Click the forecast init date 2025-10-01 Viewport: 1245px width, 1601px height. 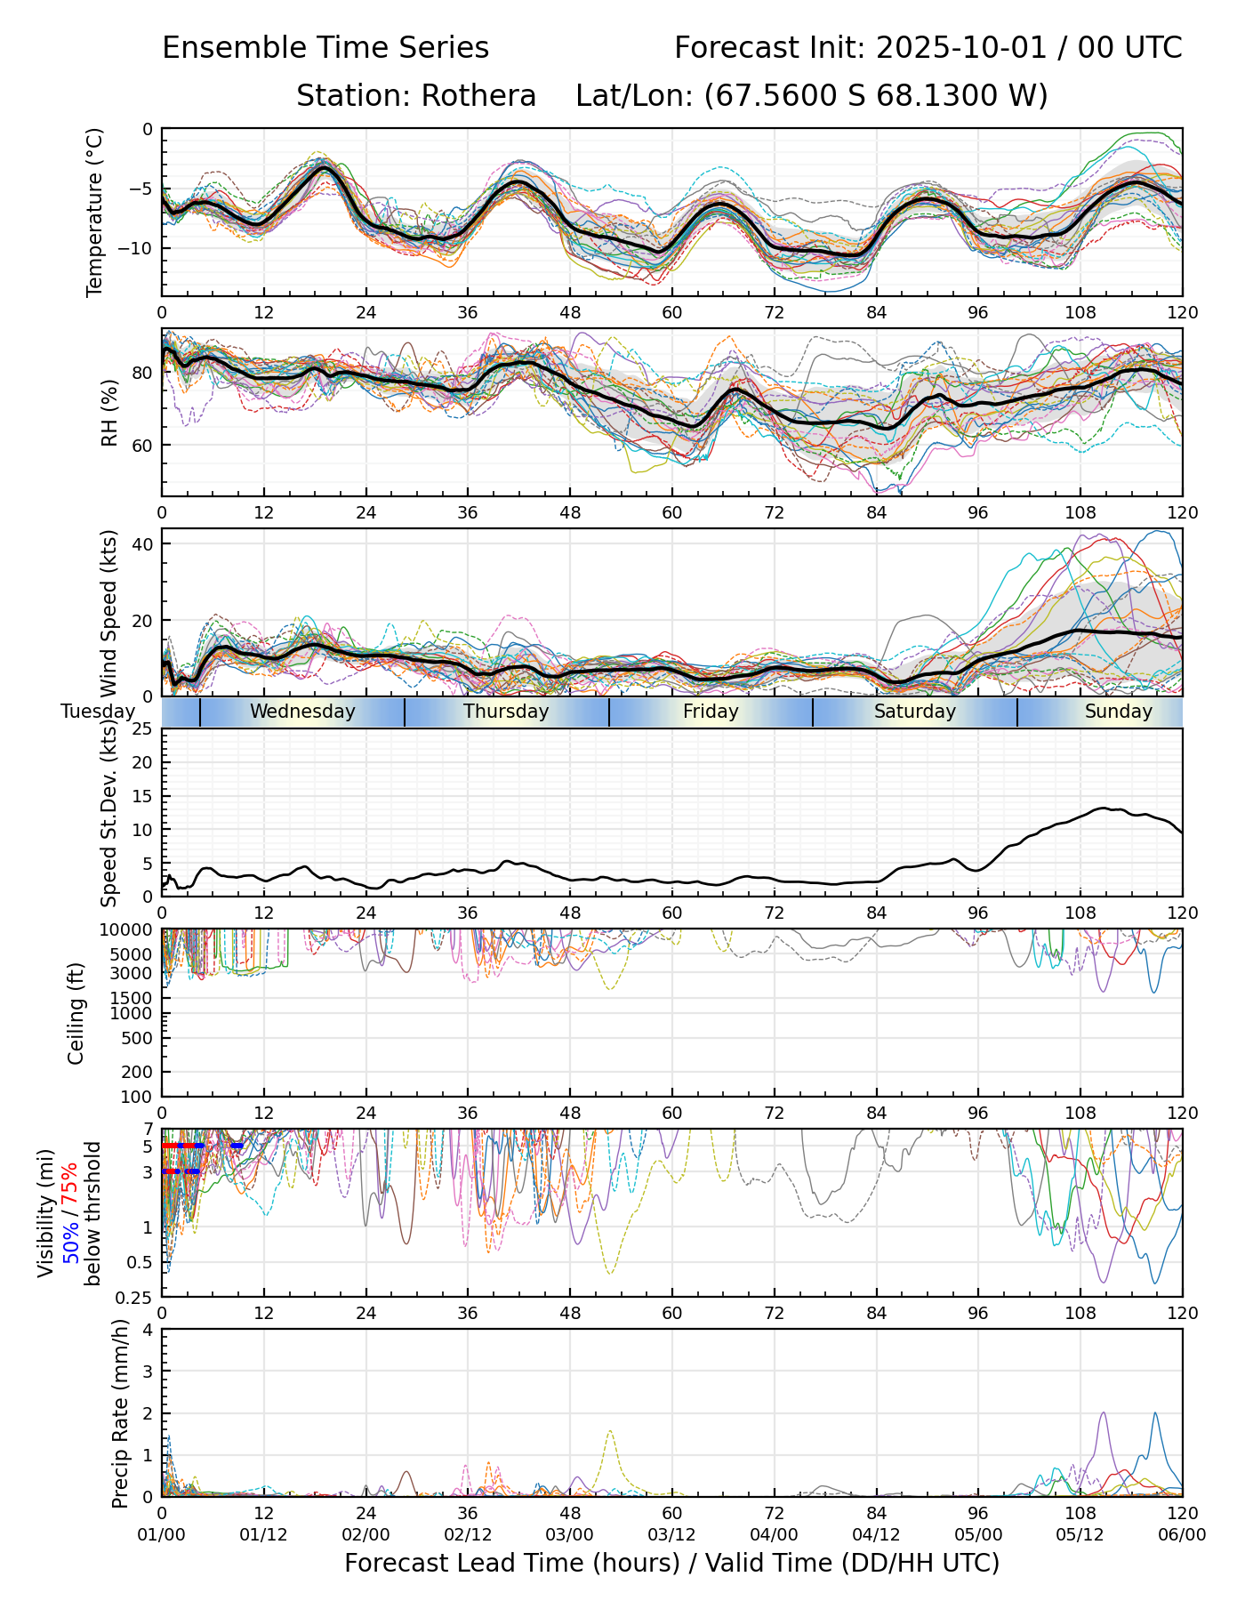tap(950, 48)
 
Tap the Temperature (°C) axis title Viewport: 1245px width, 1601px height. tap(95, 212)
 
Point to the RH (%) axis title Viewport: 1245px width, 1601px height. tap(109, 412)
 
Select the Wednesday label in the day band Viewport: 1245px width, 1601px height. tap(302, 712)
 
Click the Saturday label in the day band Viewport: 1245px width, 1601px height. tap(914, 712)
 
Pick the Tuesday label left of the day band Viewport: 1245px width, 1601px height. tap(98, 712)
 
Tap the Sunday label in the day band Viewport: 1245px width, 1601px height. tap(1118, 712)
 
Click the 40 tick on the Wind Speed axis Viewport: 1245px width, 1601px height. tap(143, 543)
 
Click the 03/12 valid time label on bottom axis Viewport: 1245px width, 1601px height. tap(671, 1534)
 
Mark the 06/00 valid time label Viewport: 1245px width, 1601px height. tap(1182, 1534)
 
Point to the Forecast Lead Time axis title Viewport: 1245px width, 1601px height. tap(671, 1563)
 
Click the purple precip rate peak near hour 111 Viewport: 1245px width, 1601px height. tap(1104, 1413)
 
